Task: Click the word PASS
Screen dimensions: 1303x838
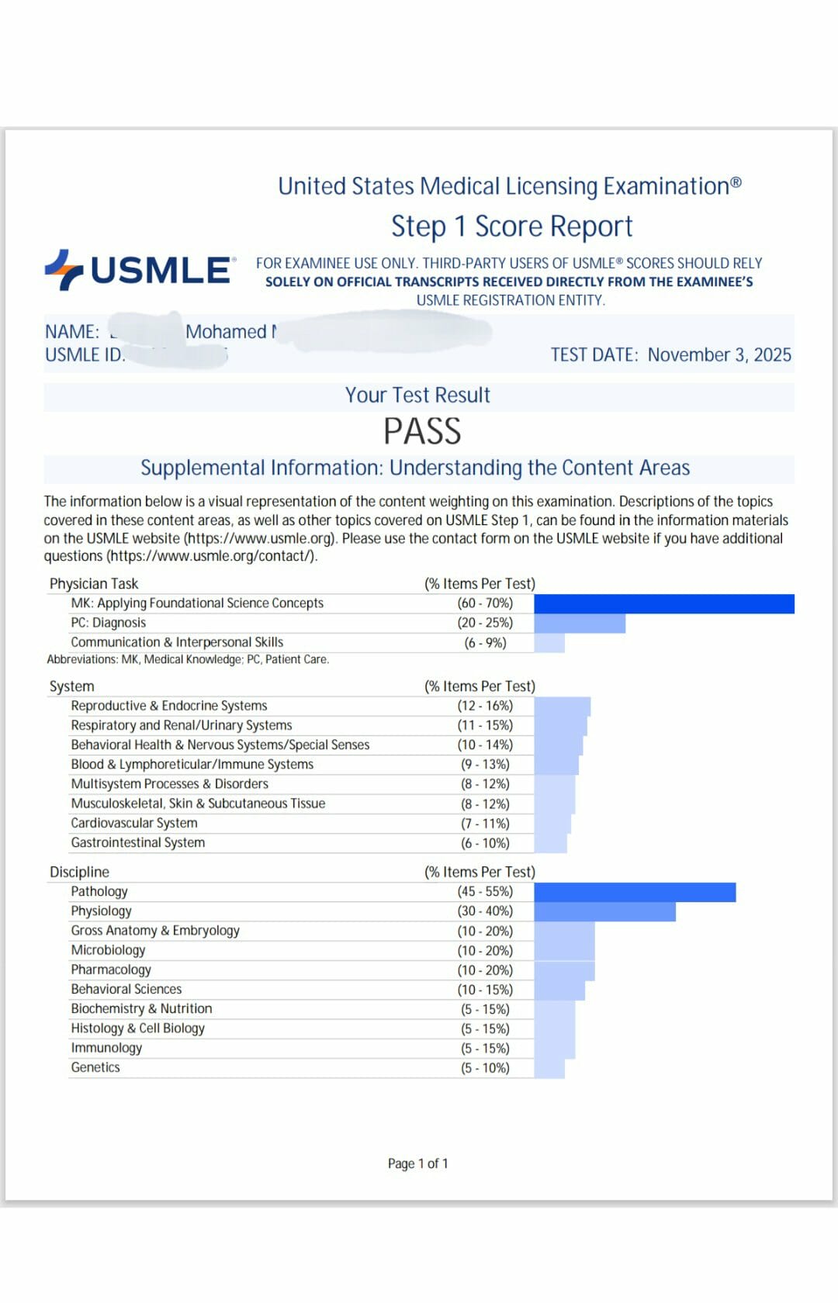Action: click(422, 431)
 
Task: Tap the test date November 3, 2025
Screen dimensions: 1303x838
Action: click(719, 354)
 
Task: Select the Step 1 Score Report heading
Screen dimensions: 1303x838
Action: click(511, 226)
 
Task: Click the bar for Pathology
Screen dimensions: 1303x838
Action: click(635, 892)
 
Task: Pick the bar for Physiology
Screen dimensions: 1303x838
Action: click(604, 911)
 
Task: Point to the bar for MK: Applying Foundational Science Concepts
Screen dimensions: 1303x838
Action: click(663, 603)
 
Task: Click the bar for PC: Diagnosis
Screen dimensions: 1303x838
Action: click(580, 623)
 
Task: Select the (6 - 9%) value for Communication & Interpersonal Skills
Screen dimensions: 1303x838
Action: click(485, 643)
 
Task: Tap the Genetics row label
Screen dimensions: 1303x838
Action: click(95, 1067)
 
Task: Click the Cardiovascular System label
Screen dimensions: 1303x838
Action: click(134, 823)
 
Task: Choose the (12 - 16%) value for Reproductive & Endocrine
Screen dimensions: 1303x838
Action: click(485, 706)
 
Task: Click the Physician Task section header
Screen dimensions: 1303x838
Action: click(94, 583)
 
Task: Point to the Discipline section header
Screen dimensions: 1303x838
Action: click(79, 872)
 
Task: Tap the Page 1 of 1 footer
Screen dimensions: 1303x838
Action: click(417, 1163)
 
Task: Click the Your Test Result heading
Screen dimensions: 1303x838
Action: click(417, 396)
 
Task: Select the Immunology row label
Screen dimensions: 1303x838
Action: click(106, 1048)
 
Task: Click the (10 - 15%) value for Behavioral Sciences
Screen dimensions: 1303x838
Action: click(485, 990)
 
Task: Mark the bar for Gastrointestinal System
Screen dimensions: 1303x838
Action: click(550, 843)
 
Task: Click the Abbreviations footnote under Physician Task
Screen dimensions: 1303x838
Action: click(188, 659)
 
